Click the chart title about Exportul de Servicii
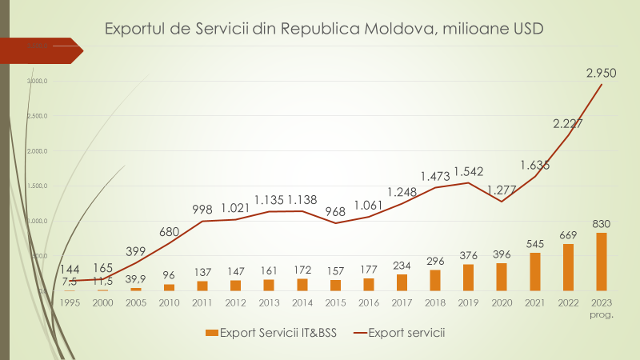click(x=325, y=30)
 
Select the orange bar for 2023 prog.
click(x=601, y=262)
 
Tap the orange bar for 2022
click(x=568, y=267)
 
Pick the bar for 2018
click(x=435, y=280)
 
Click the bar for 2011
click(x=202, y=286)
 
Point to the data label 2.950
click(x=601, y=74)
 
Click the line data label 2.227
click(x=568, y=123)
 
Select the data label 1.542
click(x=469, y=171)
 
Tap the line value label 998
click(x=202, y=210)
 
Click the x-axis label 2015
click(x=335, y=302)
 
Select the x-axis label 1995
click(x=69, y=302)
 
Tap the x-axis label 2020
click(x=502, y=302)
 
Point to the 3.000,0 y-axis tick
click(x=37, y=81)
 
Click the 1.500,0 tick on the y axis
click(x=37, y=186)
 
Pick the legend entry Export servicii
click(x=398, y=331)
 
